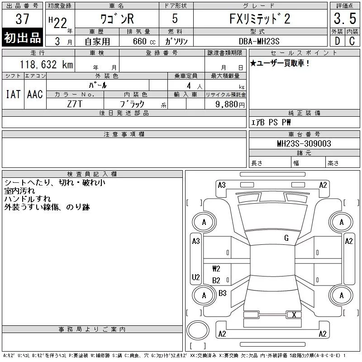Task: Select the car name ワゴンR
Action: point(117,19)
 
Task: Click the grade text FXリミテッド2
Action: point(260,19)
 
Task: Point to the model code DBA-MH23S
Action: point(260,41)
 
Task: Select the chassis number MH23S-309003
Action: point(304,143)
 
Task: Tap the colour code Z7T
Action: point(75,104)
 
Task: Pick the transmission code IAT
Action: point(13,94)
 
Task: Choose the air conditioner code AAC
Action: point(35,94)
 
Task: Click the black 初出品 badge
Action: point(23,38)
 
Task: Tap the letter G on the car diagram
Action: point(286,238)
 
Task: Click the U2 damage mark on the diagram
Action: point(196,277)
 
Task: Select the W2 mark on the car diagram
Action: point(216,269)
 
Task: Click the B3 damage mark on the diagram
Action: point(223,293)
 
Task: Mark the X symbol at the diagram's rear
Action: point(295,314)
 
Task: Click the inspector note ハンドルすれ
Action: point(28,199)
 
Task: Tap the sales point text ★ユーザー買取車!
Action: point(280,63)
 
